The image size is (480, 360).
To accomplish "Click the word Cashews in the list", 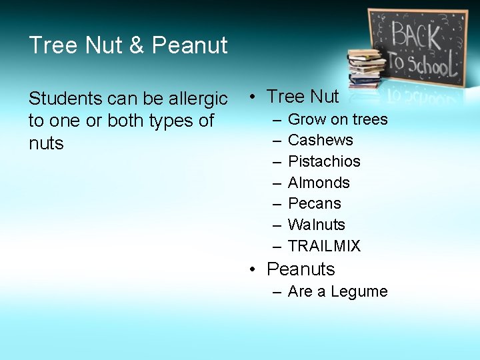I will (320, 141).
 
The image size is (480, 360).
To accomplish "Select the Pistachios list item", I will (324, 162).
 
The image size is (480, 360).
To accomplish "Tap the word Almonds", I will (319, 183).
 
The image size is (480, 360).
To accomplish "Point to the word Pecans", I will (314, 204).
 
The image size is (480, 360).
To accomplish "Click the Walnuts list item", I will (317, 225).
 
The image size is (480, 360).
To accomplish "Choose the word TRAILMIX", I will (324, 247).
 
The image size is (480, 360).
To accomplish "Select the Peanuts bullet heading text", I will (301, 269).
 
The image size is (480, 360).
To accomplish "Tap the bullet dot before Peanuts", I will (253, 270).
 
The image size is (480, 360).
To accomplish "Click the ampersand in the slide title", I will (136, 45).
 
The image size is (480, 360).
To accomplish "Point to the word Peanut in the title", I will (190, 45).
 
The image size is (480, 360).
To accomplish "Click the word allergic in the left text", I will (198, 99).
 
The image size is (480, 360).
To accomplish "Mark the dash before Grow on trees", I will (276, 120).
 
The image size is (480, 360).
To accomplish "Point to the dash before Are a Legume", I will (276, 292).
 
